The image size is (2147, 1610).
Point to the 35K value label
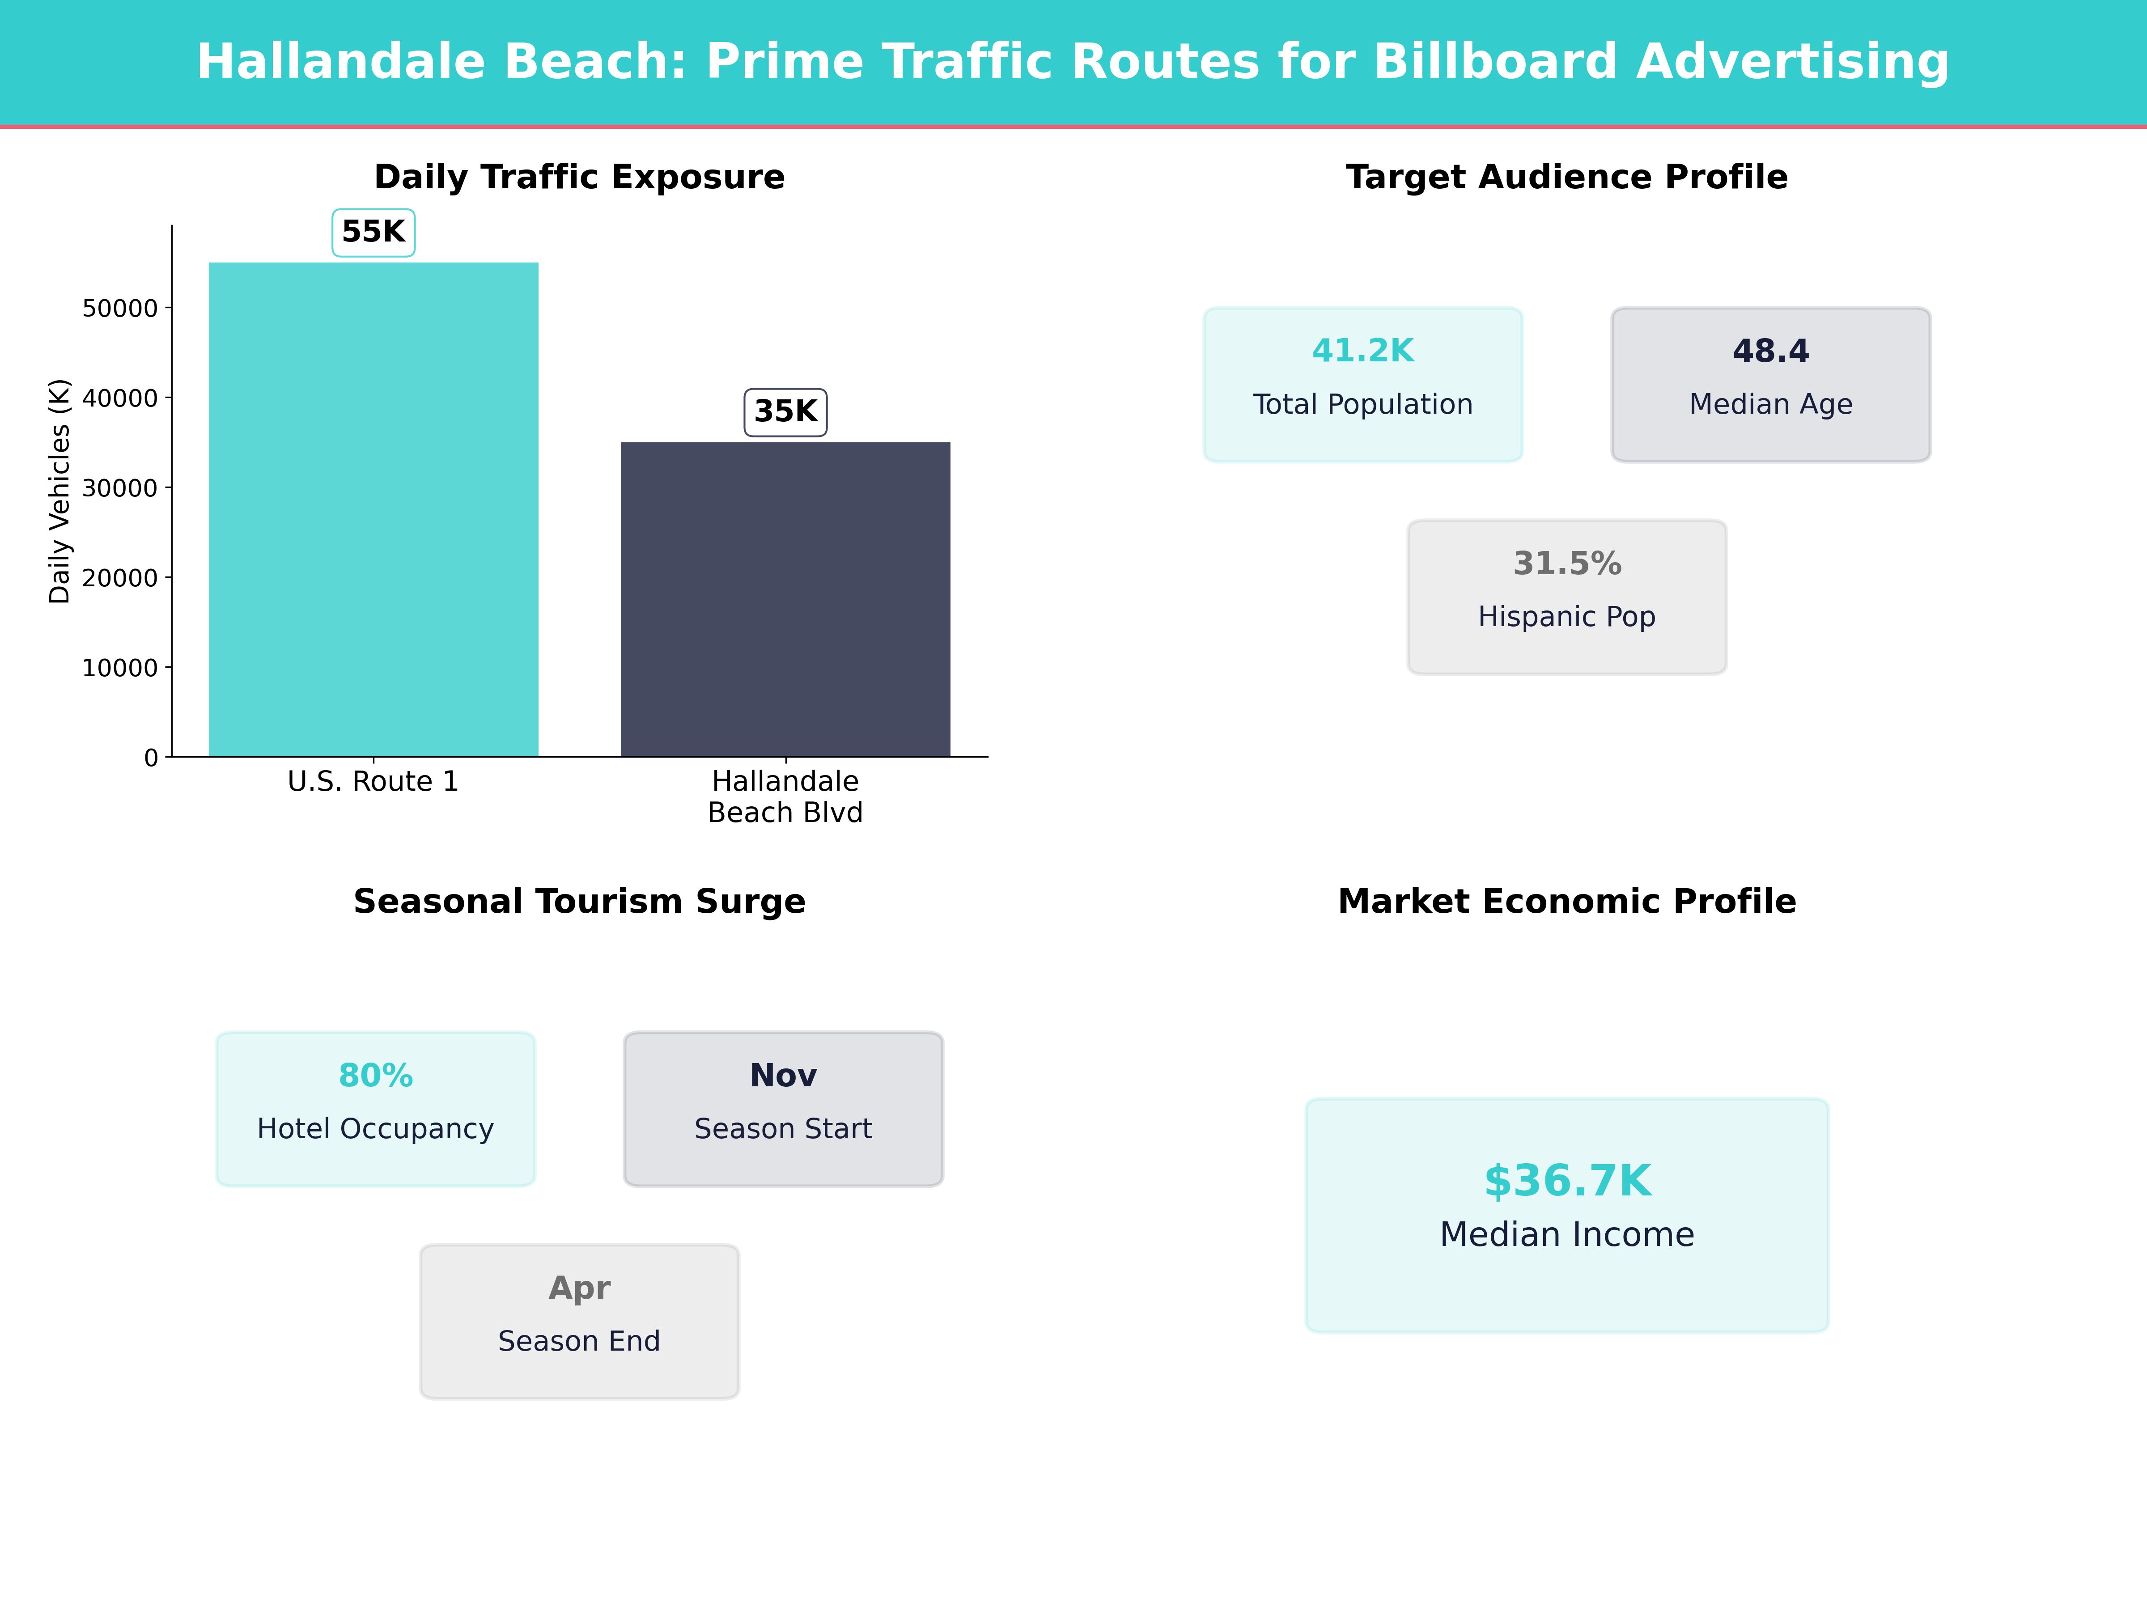point(785,411)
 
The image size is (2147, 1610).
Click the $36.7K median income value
point(1566,1181)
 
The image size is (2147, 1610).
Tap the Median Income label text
point(1566,1234)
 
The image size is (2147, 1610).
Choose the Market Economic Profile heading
point(1566,902)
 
